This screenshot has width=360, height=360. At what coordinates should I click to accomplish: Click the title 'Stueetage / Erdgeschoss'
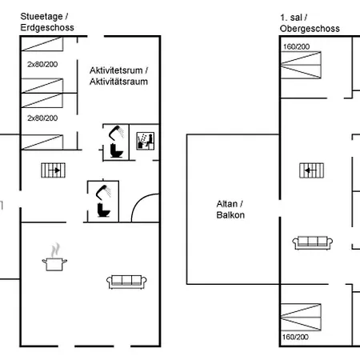coord(47,22)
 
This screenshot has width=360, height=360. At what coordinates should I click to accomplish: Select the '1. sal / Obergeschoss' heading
coord(310,23)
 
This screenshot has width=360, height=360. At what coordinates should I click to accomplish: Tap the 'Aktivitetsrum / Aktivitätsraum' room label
coord(118,76)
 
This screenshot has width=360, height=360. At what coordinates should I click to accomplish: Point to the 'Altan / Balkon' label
coord(230,210)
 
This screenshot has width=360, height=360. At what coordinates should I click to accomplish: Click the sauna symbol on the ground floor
coord(146,141)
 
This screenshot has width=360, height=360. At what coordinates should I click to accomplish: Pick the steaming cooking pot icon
coord(54,257)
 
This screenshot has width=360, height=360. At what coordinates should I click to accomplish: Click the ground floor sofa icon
coord(126,282)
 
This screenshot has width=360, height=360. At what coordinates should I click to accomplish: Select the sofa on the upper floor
coord(313,243)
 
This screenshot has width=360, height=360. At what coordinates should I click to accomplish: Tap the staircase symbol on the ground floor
coord(54,170)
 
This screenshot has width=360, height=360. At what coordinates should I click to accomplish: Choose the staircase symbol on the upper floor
coord(312,170)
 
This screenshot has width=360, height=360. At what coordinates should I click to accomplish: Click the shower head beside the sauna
coord(116,133)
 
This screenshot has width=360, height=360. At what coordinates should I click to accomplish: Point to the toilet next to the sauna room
coord(117,150)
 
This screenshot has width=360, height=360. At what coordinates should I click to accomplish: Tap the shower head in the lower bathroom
coord(103,192)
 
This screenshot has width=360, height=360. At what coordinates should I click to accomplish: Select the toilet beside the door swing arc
coord(104,210)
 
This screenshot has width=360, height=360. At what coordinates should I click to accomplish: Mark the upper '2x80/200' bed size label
coord(42,64)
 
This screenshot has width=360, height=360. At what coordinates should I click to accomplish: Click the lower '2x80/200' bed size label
coord(42,118)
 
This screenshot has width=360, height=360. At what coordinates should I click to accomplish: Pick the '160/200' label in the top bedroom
coord(296,46)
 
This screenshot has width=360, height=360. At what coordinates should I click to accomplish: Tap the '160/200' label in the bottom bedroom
coord(295,337)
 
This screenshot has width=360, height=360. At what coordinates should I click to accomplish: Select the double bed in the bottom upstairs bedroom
coord(301,317)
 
